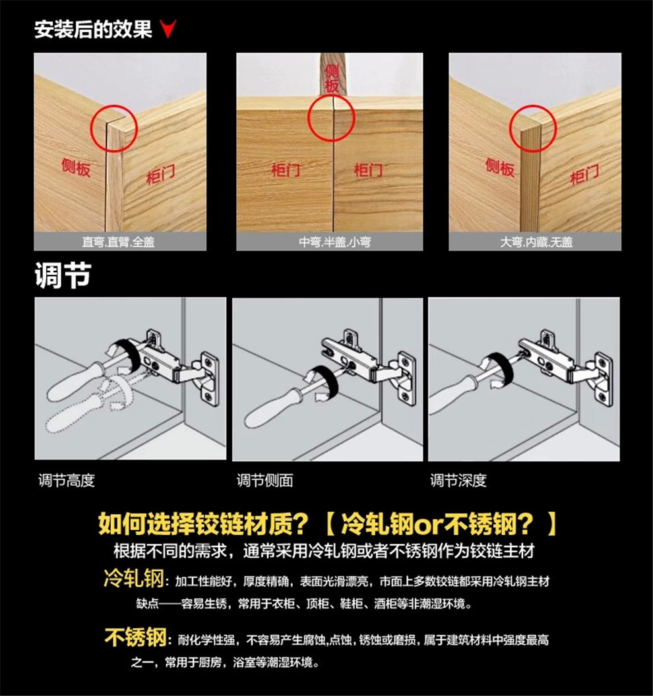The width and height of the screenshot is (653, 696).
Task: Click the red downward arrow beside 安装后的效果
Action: [168, 30]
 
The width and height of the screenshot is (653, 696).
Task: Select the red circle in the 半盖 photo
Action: [331, 119]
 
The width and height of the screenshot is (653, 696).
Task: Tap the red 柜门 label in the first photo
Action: [160, 175]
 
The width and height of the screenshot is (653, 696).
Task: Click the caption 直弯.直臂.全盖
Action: [119, 242]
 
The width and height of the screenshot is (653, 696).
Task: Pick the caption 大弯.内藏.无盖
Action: [536, 242]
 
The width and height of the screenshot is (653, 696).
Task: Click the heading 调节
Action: [62, 276]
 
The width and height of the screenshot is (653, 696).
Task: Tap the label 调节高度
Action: [67, 480]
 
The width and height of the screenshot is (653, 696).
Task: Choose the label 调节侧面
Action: [264, 480]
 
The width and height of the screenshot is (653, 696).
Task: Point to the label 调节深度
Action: [458, 480]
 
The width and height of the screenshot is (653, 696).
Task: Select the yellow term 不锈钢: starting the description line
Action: [136, 638]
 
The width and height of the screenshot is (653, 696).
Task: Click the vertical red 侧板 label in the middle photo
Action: [332, 78]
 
